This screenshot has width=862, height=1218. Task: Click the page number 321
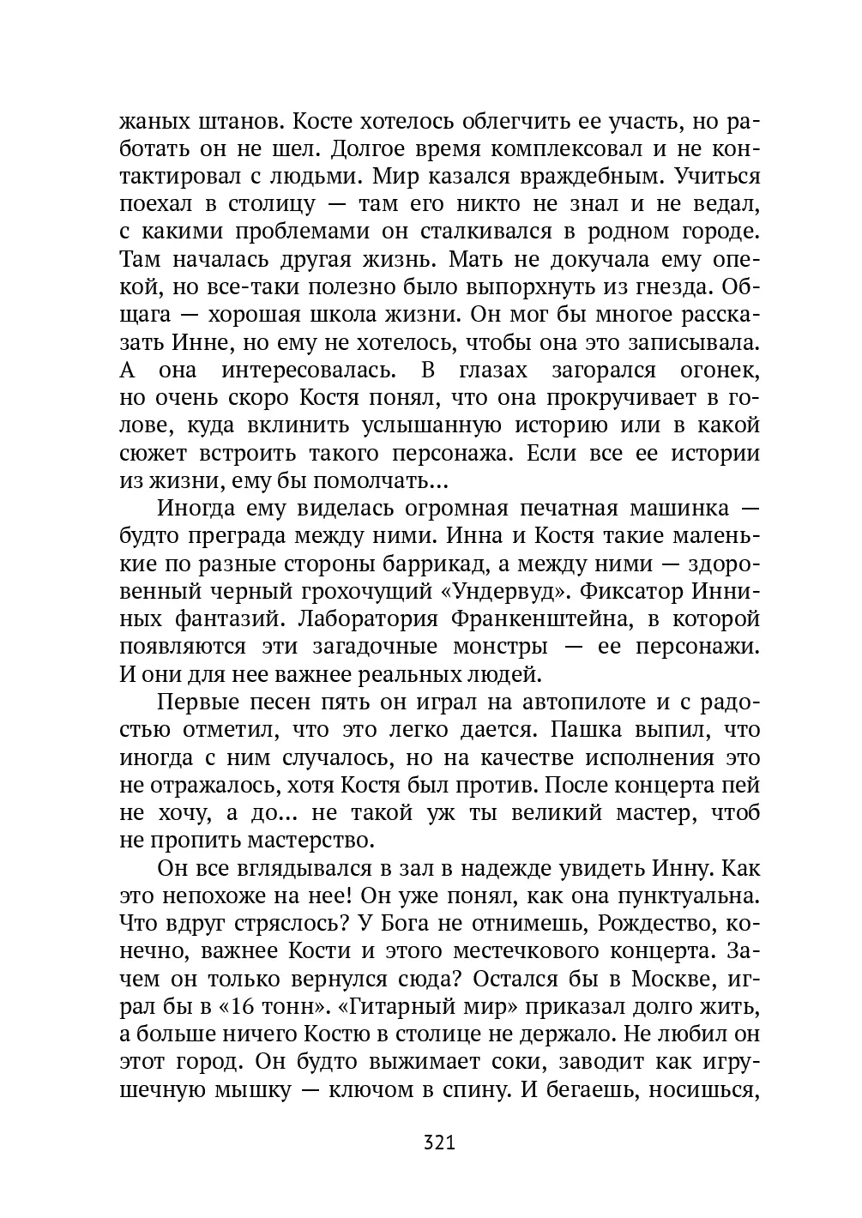[x=438, y=1143]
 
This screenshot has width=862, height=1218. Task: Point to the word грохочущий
[x=365, y=591]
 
